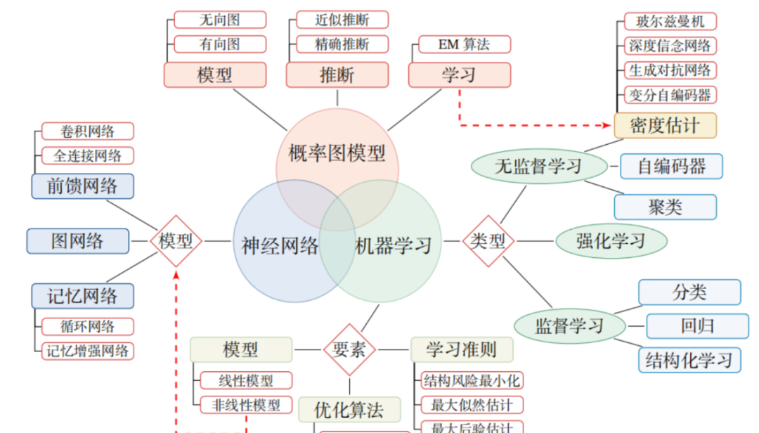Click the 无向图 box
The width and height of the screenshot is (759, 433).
220,20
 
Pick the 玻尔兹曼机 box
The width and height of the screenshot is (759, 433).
670,21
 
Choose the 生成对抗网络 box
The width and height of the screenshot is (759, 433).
670,70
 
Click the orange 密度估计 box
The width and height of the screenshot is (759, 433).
665,125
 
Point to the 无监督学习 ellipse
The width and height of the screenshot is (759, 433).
538,167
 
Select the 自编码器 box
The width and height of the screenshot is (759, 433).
671,167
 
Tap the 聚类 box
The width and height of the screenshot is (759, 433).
665,207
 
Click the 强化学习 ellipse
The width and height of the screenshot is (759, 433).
611,241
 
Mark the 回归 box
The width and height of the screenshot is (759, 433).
697,326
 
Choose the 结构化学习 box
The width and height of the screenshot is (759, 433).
689,360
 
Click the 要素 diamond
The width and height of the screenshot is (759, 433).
349,349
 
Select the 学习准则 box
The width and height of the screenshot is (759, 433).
462,349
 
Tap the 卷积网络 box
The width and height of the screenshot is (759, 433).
87,131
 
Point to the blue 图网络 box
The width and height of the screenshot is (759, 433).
77,241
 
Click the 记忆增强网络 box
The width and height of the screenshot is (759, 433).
87,351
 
